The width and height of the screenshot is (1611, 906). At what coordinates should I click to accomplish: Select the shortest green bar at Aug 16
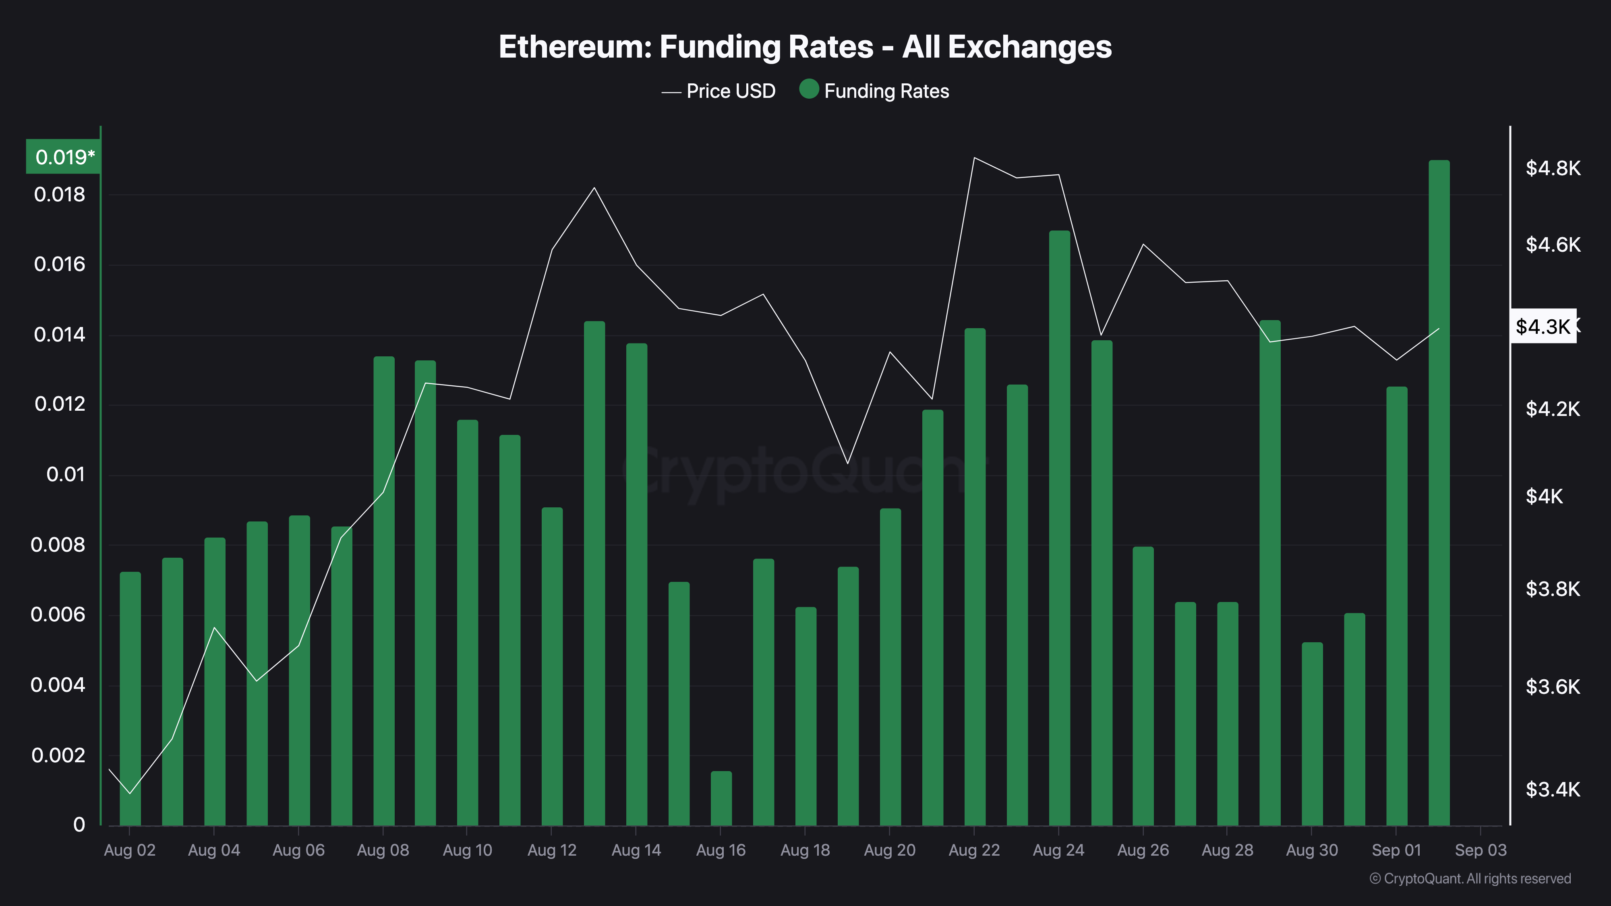[x=721, y=798]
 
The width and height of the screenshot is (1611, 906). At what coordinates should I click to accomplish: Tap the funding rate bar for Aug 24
[x=1059, y=528]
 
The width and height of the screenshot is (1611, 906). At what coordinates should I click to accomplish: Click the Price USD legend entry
[x=719, y=91]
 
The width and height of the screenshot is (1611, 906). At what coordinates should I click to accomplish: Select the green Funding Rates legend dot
[x=809, y=89]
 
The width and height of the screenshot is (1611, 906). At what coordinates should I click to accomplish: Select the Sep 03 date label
[x=1480, y=850]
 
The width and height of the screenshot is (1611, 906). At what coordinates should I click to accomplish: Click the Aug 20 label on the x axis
[x=889, y=850]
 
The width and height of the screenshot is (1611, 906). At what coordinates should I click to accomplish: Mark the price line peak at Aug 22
[x=974, y=157]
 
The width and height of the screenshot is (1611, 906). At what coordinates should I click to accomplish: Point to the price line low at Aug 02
[x=130, y=793]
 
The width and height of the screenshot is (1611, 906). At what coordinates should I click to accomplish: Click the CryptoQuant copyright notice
[x=1470, y=879]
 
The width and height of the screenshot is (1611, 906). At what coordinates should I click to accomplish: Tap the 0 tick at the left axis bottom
[x=79, y=825]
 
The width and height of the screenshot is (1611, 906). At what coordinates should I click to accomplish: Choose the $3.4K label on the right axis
[x=1552, y=790]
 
